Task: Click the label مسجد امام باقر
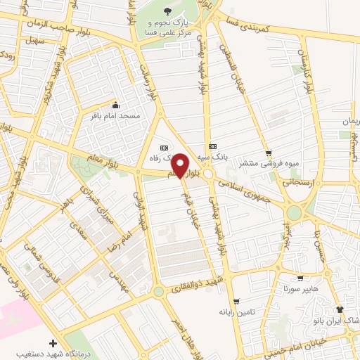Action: [x=115, y=115]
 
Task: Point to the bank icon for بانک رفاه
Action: [x=165, y=148]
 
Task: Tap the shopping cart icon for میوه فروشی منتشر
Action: [x=268, y=153]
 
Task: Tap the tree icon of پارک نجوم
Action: [x=167, y=11]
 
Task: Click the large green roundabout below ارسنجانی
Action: [x=294, y=212]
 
